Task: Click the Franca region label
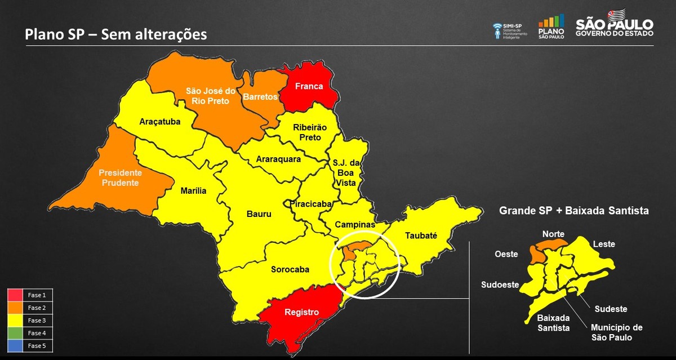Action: (309, 86)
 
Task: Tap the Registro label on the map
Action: (301, 312)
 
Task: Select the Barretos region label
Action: (260, 97)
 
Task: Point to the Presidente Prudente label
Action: (121, 177)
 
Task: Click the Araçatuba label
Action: (159, 121)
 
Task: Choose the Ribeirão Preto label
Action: (306, 132)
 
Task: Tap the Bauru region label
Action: (259, 214)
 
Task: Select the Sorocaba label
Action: (290, 269)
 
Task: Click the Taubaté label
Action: (421, 235)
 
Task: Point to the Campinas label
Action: (355, 224)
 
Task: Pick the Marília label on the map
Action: (193, 191)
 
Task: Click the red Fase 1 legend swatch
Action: (15, 295)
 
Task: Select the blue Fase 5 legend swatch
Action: (15, 346)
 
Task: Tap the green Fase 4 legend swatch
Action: (15, 333)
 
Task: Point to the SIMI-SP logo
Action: (510, 30)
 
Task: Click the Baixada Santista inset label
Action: (553, 323)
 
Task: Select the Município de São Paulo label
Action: (616, 332)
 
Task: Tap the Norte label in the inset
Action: (553, 234)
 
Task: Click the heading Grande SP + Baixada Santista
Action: (574, 211)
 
